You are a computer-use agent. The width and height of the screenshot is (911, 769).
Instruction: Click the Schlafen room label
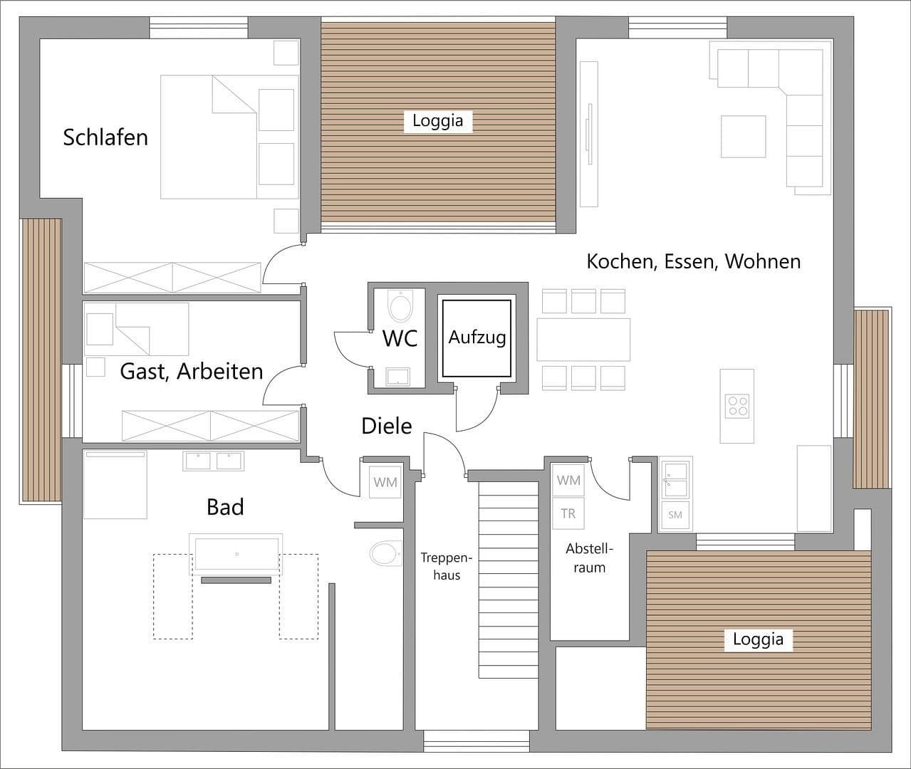105,137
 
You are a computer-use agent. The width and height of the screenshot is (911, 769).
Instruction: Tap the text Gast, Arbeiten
191,371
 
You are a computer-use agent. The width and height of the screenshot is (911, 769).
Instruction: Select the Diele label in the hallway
387,426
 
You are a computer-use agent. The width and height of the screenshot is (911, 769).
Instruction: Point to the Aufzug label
477,337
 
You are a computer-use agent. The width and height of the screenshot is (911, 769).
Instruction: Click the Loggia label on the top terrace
438,120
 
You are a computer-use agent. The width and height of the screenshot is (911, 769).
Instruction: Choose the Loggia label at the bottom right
758,639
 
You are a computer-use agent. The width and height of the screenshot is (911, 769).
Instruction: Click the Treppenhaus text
447,566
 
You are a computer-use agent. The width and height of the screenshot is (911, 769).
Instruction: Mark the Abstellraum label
589,558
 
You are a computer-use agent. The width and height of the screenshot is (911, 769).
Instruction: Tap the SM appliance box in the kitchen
675,514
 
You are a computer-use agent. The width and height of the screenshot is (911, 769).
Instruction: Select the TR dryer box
568,513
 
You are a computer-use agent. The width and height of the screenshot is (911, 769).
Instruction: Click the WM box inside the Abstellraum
568,481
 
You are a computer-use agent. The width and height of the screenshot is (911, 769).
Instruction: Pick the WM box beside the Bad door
385,482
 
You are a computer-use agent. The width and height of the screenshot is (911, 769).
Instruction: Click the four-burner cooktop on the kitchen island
736,405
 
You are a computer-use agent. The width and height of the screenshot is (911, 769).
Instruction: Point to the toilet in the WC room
400,307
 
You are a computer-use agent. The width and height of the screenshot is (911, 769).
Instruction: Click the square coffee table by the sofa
743,136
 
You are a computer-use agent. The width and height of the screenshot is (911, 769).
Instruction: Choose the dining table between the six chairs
583,340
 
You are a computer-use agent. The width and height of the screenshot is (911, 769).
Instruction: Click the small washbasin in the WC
398,376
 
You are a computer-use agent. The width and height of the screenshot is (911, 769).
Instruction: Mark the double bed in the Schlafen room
229,137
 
